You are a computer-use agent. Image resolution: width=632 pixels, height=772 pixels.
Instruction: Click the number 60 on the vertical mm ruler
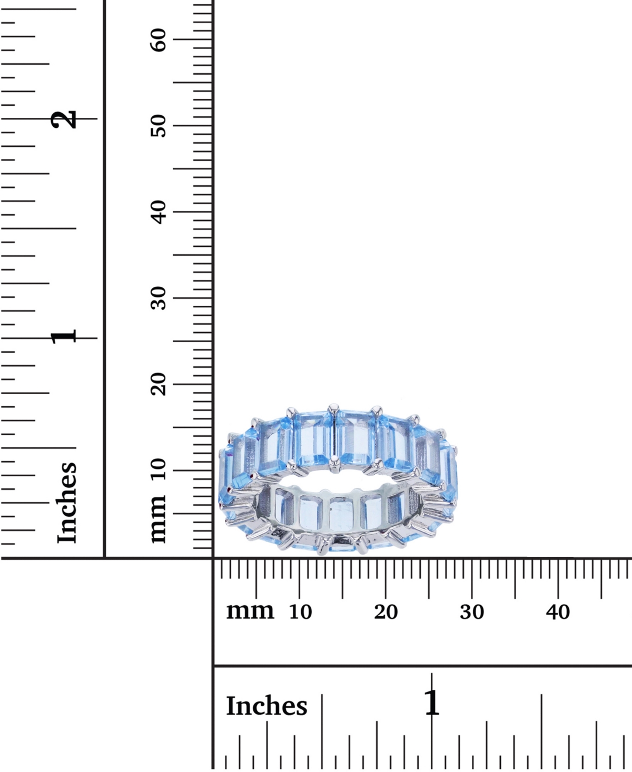(x=159, y=40)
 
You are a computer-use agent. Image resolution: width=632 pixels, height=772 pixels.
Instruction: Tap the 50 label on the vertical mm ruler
(x=159, y=126)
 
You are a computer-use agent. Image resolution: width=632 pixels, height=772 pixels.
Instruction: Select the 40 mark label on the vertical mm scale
(x=159, y=212)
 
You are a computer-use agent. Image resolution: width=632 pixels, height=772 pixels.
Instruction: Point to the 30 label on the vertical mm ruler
(x=159, y=298)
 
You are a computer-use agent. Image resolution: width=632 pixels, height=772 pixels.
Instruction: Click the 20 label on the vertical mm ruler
(x=159, y=384)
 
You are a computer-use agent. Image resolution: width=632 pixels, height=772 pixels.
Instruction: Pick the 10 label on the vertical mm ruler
(x=159, y=470)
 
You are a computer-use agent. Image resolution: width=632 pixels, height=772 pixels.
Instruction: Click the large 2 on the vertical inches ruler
(x=64, y=119)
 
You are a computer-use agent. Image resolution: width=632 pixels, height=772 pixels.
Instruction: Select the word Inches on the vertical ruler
(x=67, y=503)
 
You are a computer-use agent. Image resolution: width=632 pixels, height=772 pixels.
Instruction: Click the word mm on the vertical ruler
(x=159, y=519)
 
